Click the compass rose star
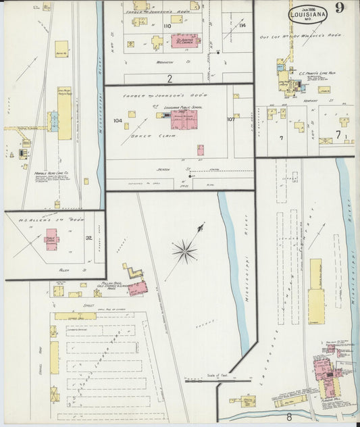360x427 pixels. pos(184,253)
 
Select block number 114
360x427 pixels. pos(242,26)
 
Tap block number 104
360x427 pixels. pos(118,121)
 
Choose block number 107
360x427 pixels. pos(231,120)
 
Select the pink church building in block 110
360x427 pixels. pos(184,41)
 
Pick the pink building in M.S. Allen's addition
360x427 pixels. pos(52,239)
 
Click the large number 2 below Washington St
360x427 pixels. pos(170,78)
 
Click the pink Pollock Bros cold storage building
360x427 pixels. pos(137,288)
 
